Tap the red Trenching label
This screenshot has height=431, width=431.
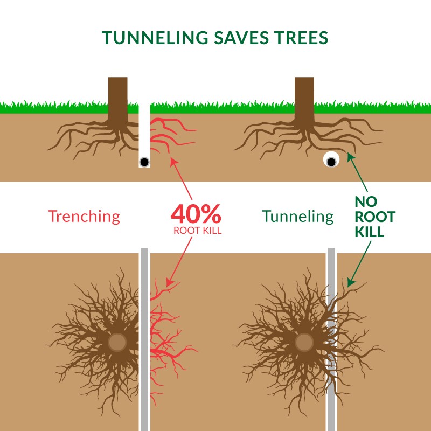coord(84,217)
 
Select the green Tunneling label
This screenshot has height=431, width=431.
coord(298,217)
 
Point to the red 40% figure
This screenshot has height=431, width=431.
coord(196,214)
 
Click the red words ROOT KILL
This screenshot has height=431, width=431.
coord(196,230)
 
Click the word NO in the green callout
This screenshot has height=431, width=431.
coord(367,202)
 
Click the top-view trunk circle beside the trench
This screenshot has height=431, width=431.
coord(116,342)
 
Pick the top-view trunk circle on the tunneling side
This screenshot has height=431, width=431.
coord(304,342)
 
